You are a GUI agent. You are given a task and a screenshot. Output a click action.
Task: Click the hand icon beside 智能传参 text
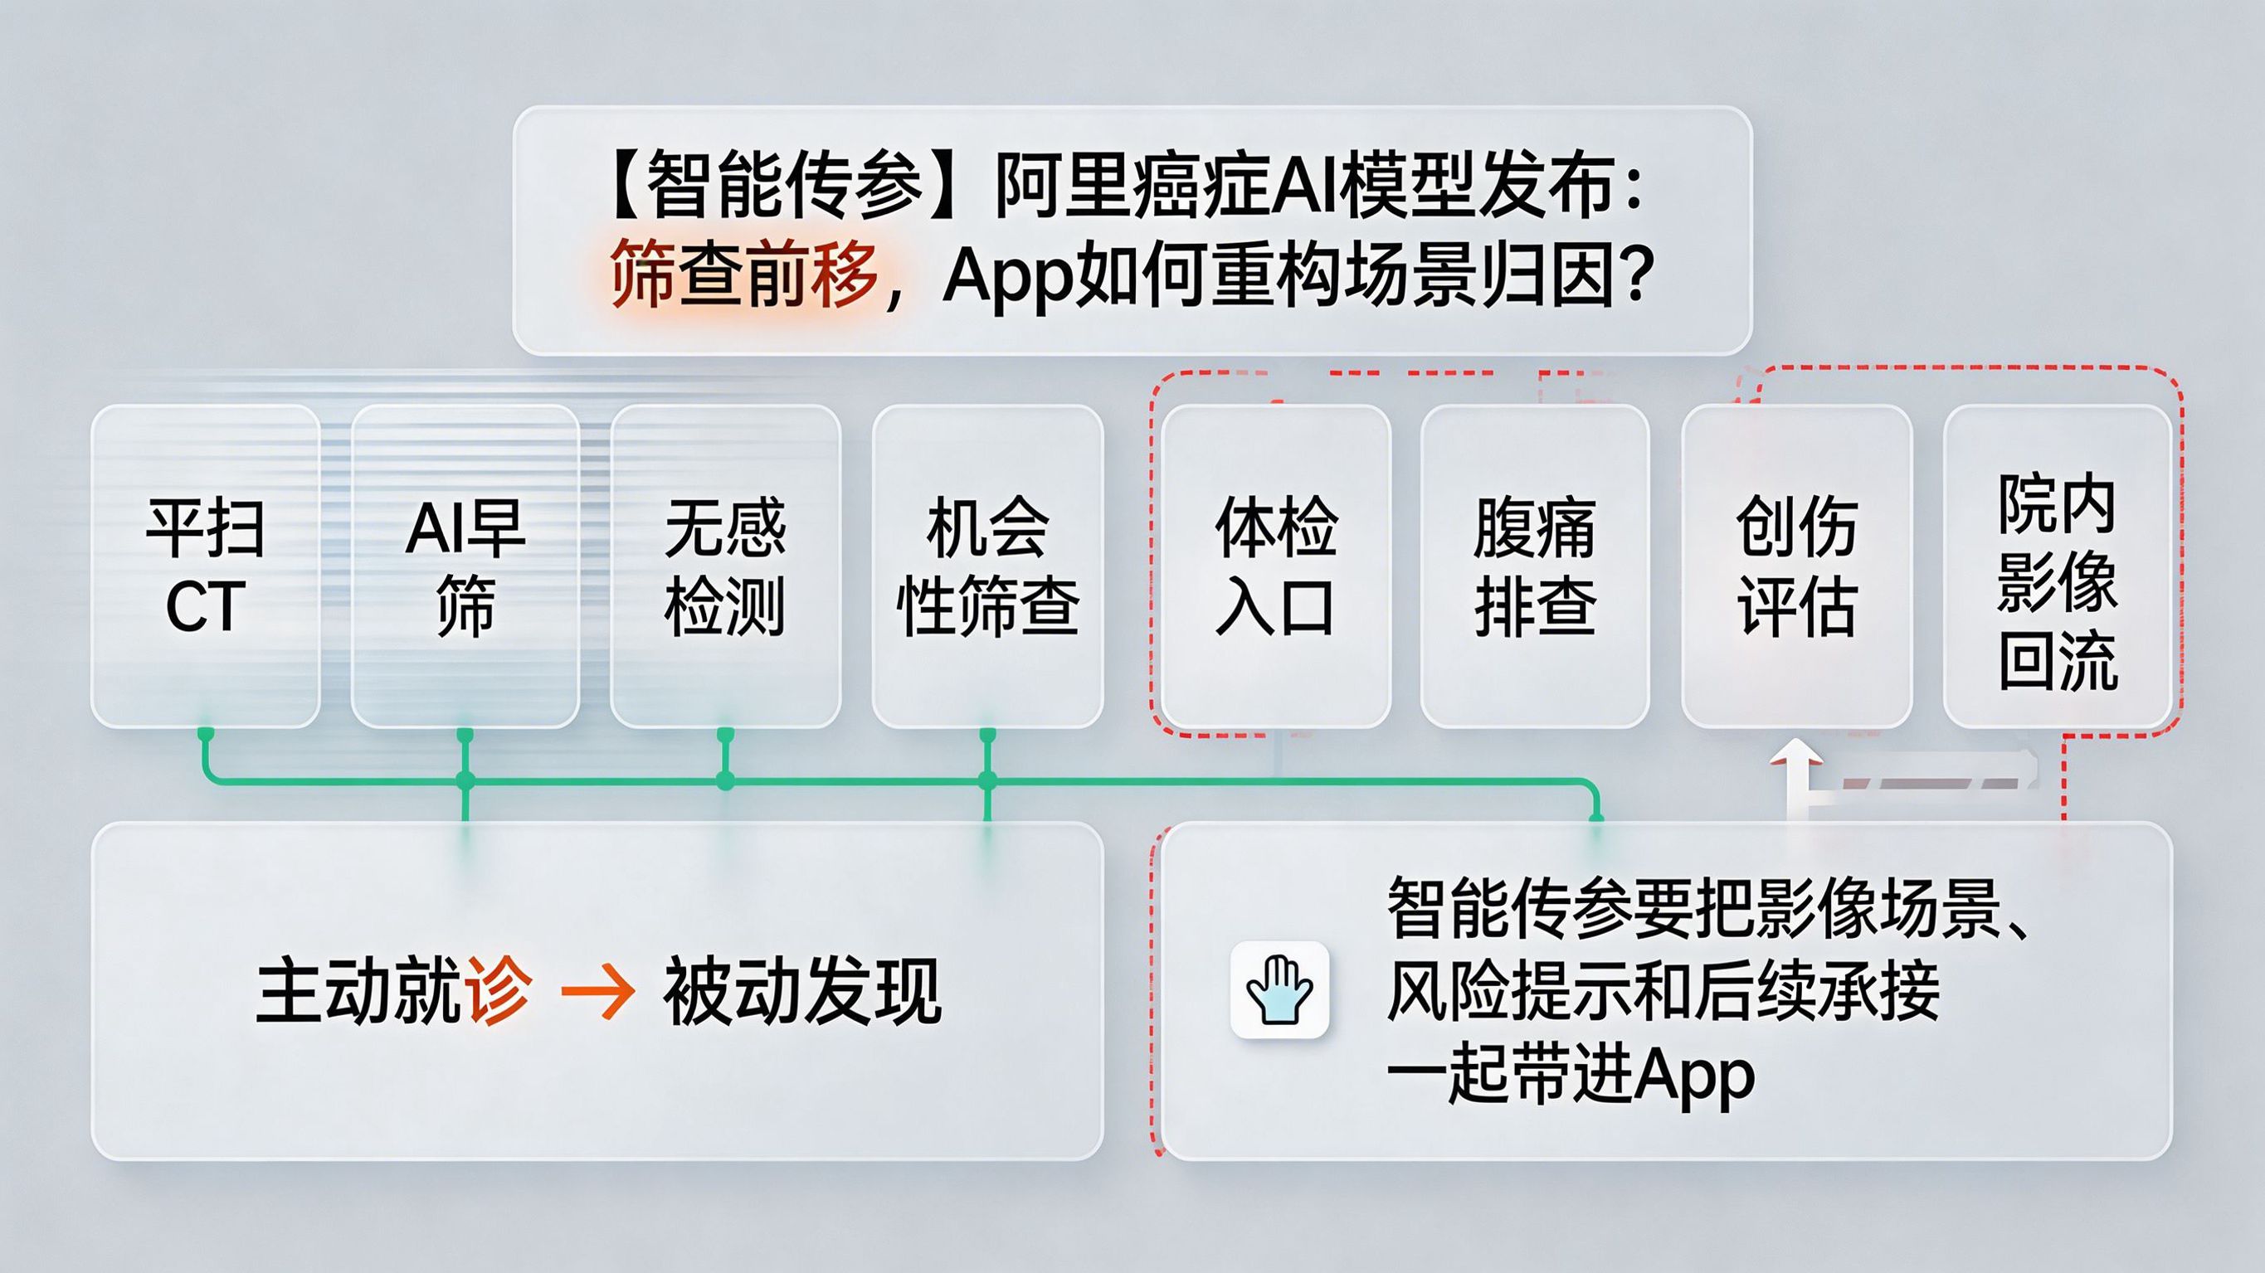(1279, 990)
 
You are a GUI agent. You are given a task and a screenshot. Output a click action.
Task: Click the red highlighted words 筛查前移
(744, 275)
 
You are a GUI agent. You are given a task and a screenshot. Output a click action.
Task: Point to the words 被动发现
(802, 992)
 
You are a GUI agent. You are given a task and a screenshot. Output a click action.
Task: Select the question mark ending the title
(1637, 275)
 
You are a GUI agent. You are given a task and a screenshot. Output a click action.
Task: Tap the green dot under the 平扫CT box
(206, 733)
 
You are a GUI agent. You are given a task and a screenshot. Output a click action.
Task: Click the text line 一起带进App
(1571, 1076)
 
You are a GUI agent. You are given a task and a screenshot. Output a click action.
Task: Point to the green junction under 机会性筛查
(987, 780)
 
